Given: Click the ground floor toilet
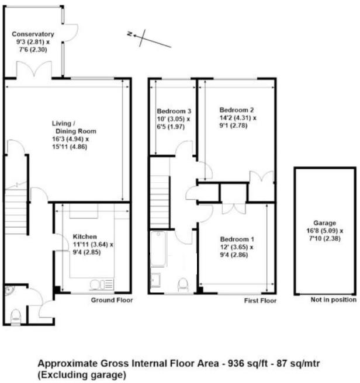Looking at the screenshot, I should [15, 316].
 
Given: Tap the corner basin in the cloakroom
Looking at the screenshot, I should [9, 291].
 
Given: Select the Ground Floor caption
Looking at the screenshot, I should [112, 301].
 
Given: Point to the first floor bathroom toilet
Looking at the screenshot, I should [183, 284].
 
